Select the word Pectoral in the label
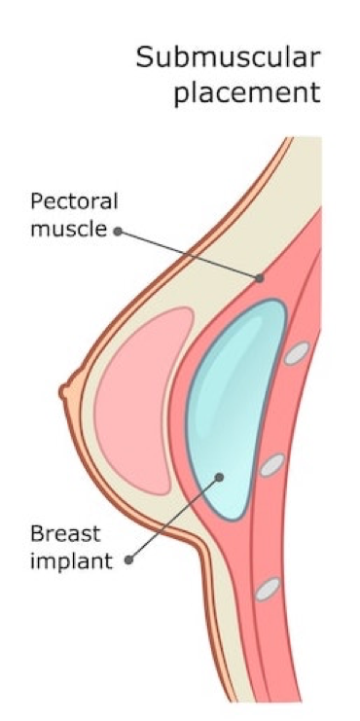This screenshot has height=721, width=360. (74, 203)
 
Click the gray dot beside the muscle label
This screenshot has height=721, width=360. (119, 232)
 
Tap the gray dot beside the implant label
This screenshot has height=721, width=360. (129, 559)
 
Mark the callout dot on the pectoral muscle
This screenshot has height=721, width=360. (259, 278)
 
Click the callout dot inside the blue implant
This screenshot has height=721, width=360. (220, 477)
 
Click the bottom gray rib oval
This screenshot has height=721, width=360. (268, 589)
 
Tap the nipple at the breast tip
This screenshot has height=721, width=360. (65, 391)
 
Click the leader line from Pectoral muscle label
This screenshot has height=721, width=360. (190, 255)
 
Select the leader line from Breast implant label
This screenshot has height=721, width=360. (175, 518)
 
